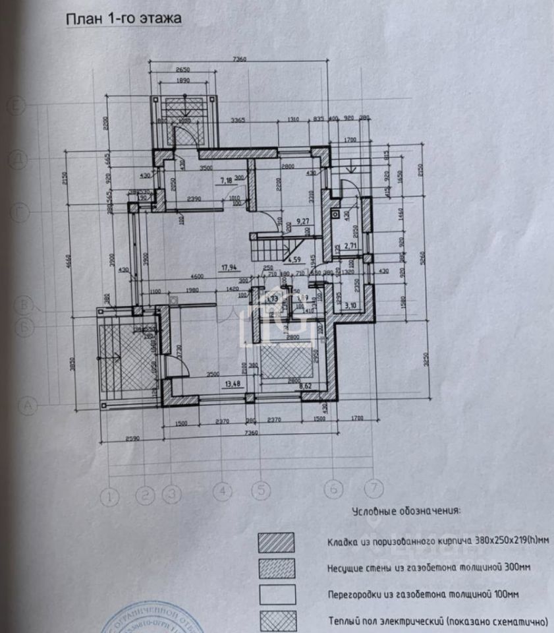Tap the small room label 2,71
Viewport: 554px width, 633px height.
(x=350, y=246)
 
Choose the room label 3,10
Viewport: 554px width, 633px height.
(x=350, y=305)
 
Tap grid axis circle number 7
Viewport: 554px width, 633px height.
(x=374, y=489)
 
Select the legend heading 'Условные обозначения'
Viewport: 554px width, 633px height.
(x=406, y=511)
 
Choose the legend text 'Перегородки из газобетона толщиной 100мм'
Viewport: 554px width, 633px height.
(x=423, y=594)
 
